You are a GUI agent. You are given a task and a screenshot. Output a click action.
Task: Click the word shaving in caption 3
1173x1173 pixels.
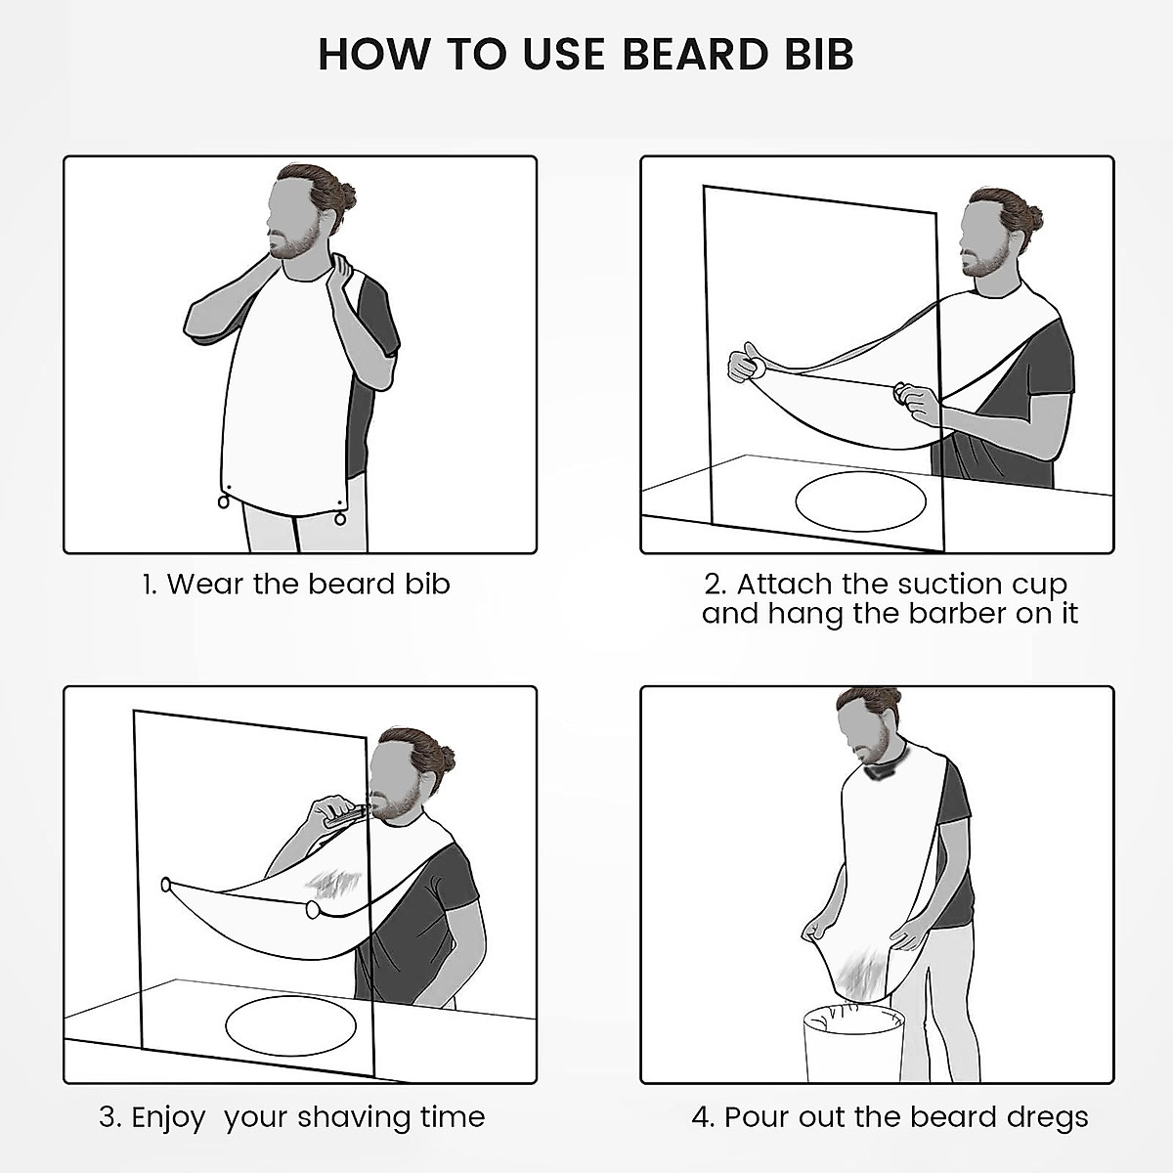358,1117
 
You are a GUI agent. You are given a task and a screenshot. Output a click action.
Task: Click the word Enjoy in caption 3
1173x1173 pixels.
168,1117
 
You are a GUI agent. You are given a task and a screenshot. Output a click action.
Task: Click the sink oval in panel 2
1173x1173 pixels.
860,501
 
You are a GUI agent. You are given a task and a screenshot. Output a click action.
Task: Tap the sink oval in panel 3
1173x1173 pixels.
290,1025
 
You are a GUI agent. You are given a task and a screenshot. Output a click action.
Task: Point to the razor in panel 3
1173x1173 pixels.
343,814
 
